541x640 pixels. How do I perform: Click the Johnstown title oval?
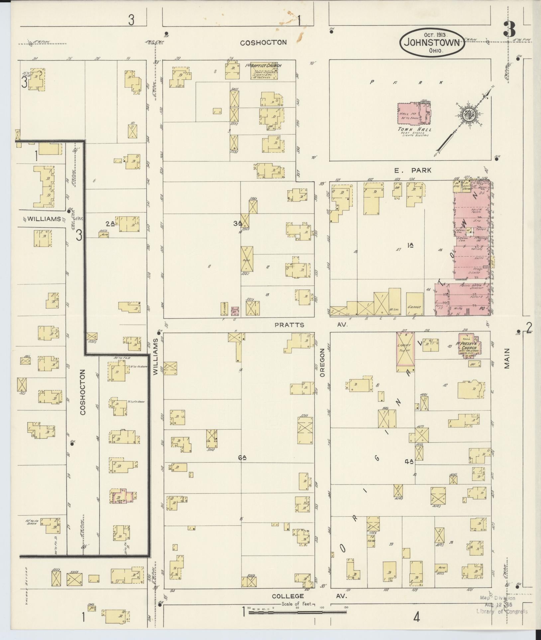pos(432,42)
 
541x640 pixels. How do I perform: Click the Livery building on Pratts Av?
pos(405,352)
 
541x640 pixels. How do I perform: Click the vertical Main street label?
pos(507,358)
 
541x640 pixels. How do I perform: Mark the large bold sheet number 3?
pos(509,30)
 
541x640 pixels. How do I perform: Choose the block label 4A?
pos(408,461)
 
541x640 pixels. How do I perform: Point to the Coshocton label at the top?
pos(263,43)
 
